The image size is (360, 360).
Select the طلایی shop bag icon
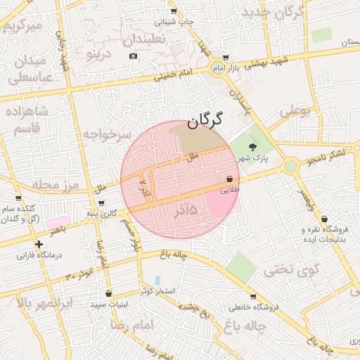click(x=230, y=179)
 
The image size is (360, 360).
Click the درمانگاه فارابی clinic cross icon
click(x=39, y=244)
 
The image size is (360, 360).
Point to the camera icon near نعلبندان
click(x=133, y=56)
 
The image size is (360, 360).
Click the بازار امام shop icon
click(x=225, y=58)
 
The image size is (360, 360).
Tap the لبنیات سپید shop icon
click(x=108, y=293)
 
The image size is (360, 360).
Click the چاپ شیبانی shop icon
click(x=174, y=12)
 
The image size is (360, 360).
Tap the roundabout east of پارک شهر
click(x=290, y=166)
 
